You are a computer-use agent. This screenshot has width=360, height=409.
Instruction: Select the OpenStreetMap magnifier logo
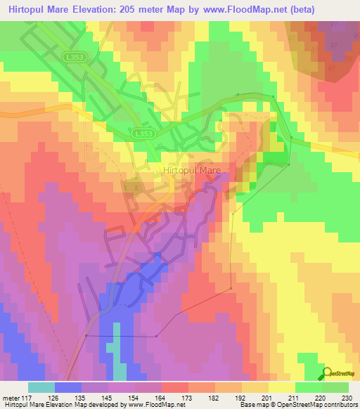328,374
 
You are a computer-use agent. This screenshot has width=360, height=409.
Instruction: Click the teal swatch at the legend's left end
41,388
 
